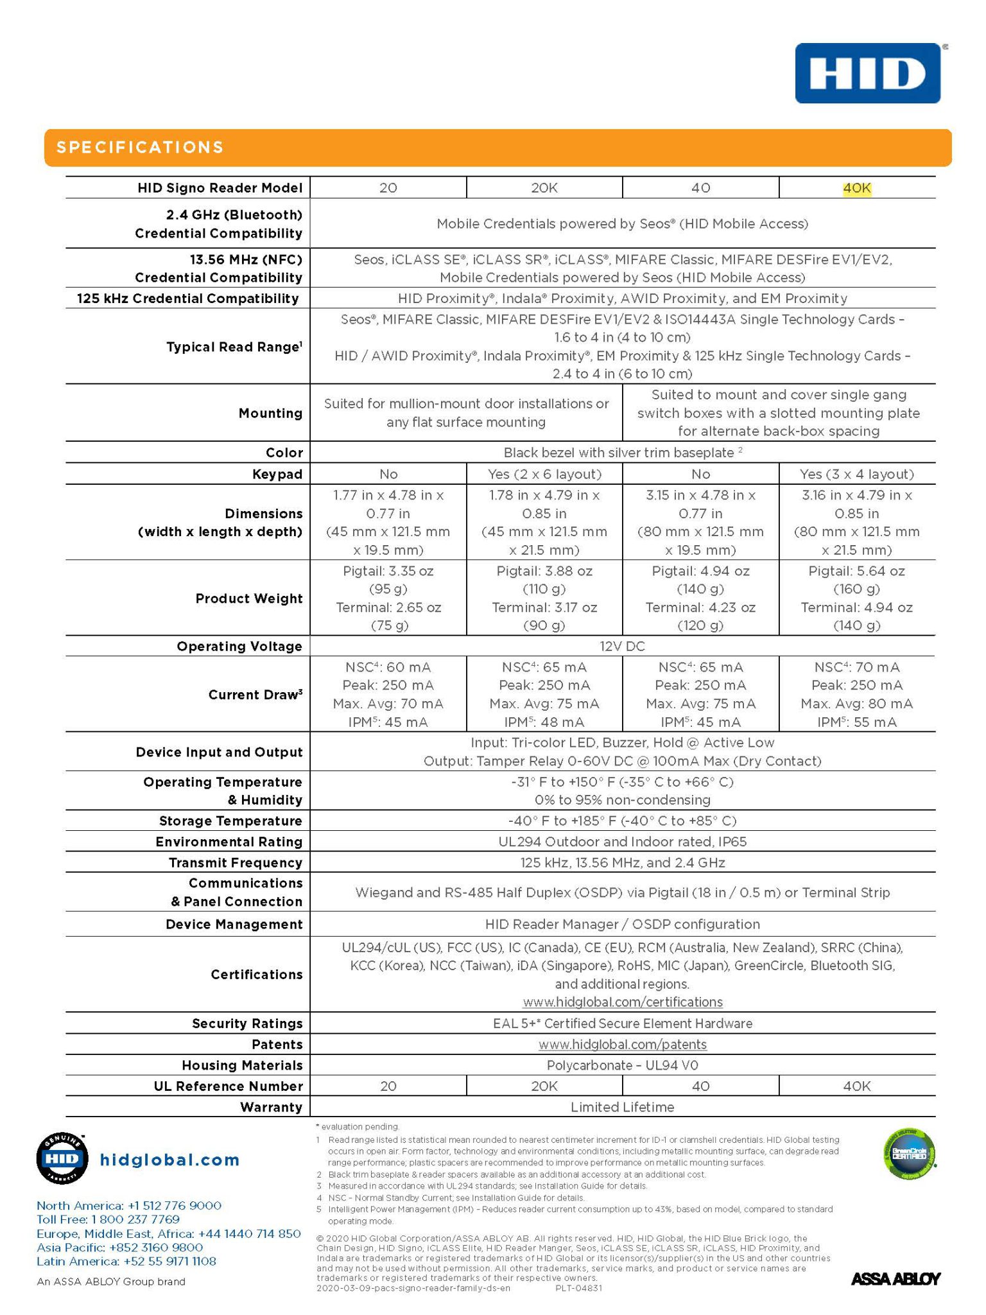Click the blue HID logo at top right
pyautogui.click(x=867, y=73)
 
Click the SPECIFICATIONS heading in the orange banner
pyautogui.click(x=140, y=148)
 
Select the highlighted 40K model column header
pyautogui.click(x=856, y=188)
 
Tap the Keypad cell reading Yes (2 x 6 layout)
pyautogui.click(x=544, y=474)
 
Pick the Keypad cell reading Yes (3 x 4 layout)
pyautogui.click(x=856, y=474)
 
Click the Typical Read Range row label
pyautogui.click(x=234, y=347)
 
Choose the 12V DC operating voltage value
pyautogui.click(x=622, y=646)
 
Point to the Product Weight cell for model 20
pyautogui.click(x=388, y=598)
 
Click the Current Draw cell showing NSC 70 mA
pyautogui.click(x=856, y=694)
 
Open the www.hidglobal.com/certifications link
pyautogui.click(x=622, y=1002)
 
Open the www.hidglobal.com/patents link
pyautogui.click(x=622, y=1044)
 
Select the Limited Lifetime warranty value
pyautogui.click(x=622, y=1107)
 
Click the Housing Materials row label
pyautogui.click(x=242, y=1065)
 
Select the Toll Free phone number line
pyautogui.click(x=108, y=1219)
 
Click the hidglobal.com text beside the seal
pyautogui.click(x=169, y=1160)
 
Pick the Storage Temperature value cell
pyautogui.click(x=622, y=821)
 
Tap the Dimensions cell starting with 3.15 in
pyautogui.click(x=700, y=522)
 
